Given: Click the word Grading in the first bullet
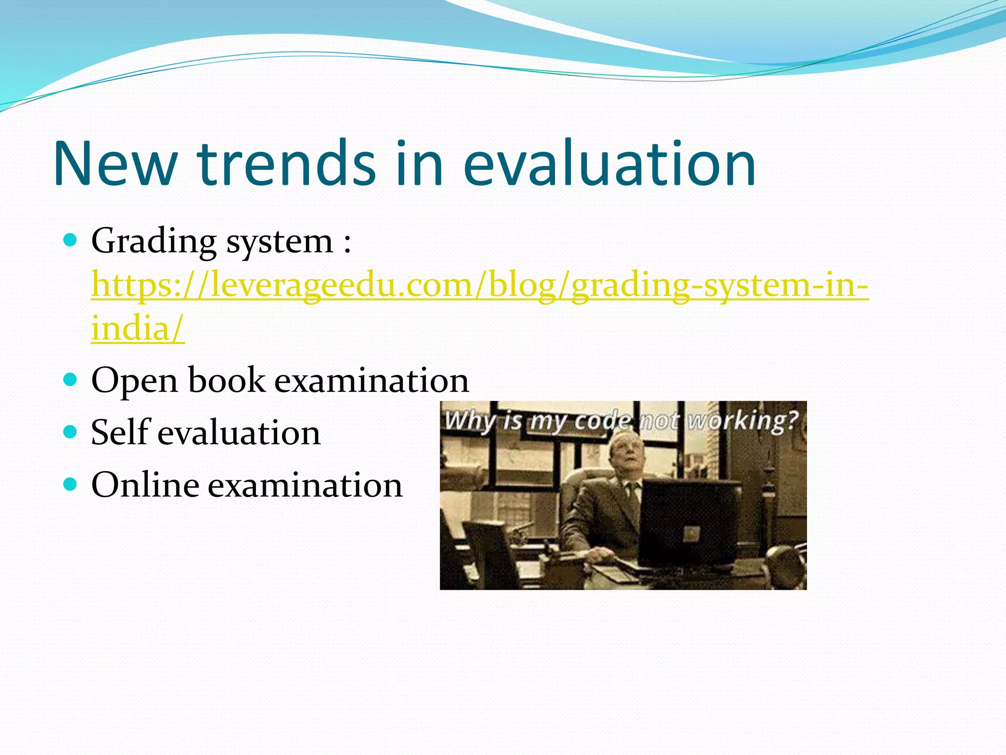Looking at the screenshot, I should (153, 242).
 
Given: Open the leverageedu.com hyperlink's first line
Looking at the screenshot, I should (479, 285).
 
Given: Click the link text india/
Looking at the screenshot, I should (138, 328).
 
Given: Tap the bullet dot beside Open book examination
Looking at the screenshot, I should (71, 380).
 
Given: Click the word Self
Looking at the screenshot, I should (120, 433).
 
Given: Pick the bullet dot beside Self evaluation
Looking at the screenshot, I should (71, 432).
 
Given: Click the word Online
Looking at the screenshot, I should (145, 485).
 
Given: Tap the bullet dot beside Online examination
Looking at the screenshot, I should (71, 485).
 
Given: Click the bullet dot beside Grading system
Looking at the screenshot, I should (71, 240).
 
